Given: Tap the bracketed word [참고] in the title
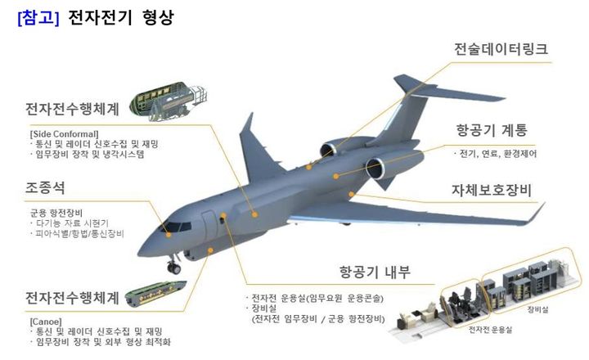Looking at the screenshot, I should click(x=38, y=17).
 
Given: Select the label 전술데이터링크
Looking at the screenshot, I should click(x=501, y=49).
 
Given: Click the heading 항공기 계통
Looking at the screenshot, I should click(x=492, y=130).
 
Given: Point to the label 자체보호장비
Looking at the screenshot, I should click(x=492, y=191).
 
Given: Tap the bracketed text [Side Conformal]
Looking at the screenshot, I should click(x=64, y=133).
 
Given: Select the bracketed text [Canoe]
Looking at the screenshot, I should click(x=46, y=321).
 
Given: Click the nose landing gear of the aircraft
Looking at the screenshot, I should click(x=174, y=265).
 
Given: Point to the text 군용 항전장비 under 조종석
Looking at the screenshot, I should click(x=51, y=211).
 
